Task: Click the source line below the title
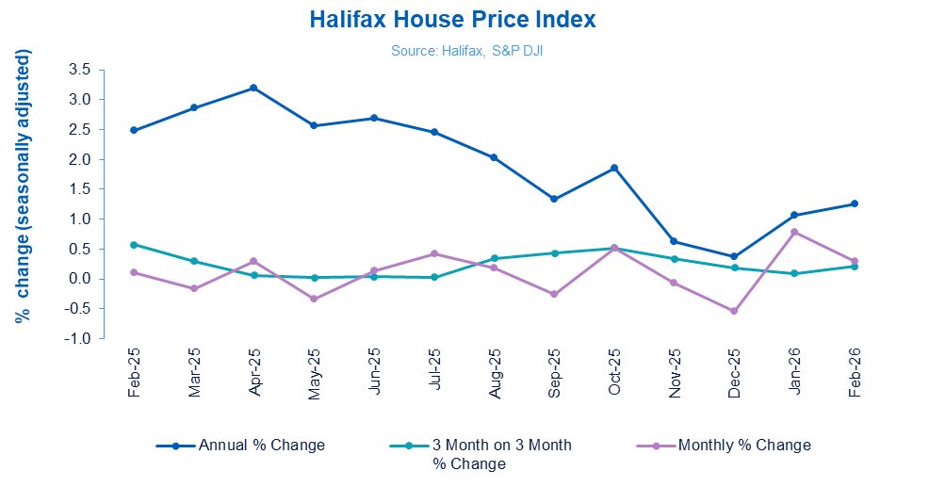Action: pos(466,51)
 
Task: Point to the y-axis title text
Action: pos(23,187)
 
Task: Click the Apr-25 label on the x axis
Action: pos(254,373)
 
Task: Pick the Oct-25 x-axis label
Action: pos(614,373)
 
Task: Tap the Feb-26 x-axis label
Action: pos(855,373)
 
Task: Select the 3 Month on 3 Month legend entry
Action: pos(500,445)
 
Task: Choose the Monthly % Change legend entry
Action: pos(743,445)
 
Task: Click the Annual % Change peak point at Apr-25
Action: pos(253,88)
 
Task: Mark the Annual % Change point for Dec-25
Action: pos(734,256)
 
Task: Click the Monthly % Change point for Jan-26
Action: pos(794,232)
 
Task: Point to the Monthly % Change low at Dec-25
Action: pos(734,311)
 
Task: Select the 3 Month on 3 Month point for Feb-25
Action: pos(134,245)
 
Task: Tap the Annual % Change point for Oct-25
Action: pos(614,168)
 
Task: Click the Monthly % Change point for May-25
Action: pos(314,299)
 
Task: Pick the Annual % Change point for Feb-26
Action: pos(855,203)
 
